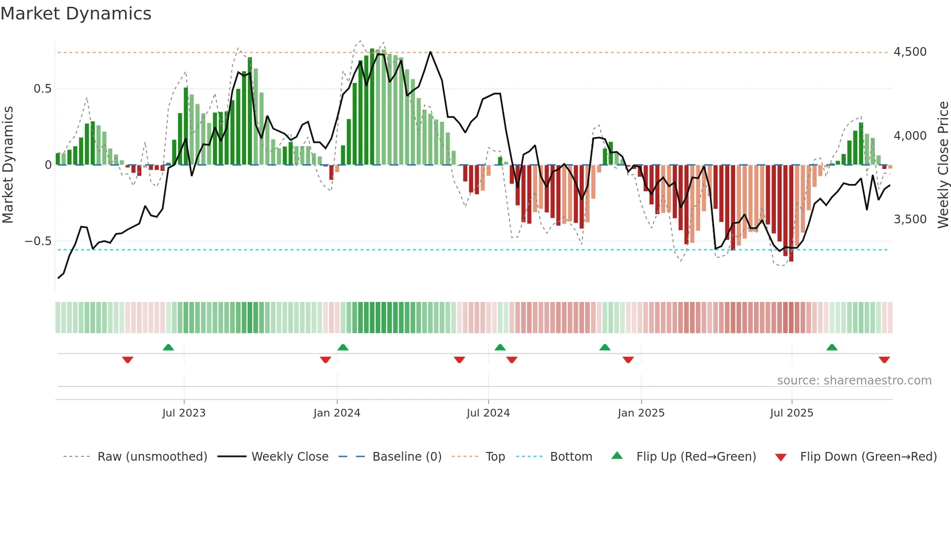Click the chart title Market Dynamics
coord(76,14)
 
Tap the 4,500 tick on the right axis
coord(910,52)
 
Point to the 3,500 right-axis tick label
coord(910,219)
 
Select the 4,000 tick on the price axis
coord(910,136)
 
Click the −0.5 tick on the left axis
coord(38,241)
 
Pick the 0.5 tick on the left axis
coord(42,89)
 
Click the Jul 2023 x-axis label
coord(184,413)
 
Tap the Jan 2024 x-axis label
coord(337,413)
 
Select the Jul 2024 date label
coord(488,413)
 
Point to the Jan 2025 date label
coord(641,413)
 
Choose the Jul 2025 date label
coord(791,413)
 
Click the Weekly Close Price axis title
coord(943,165)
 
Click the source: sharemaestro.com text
coord(854,381)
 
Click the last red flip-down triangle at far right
coord(884,360)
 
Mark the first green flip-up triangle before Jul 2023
coord(168,347)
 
